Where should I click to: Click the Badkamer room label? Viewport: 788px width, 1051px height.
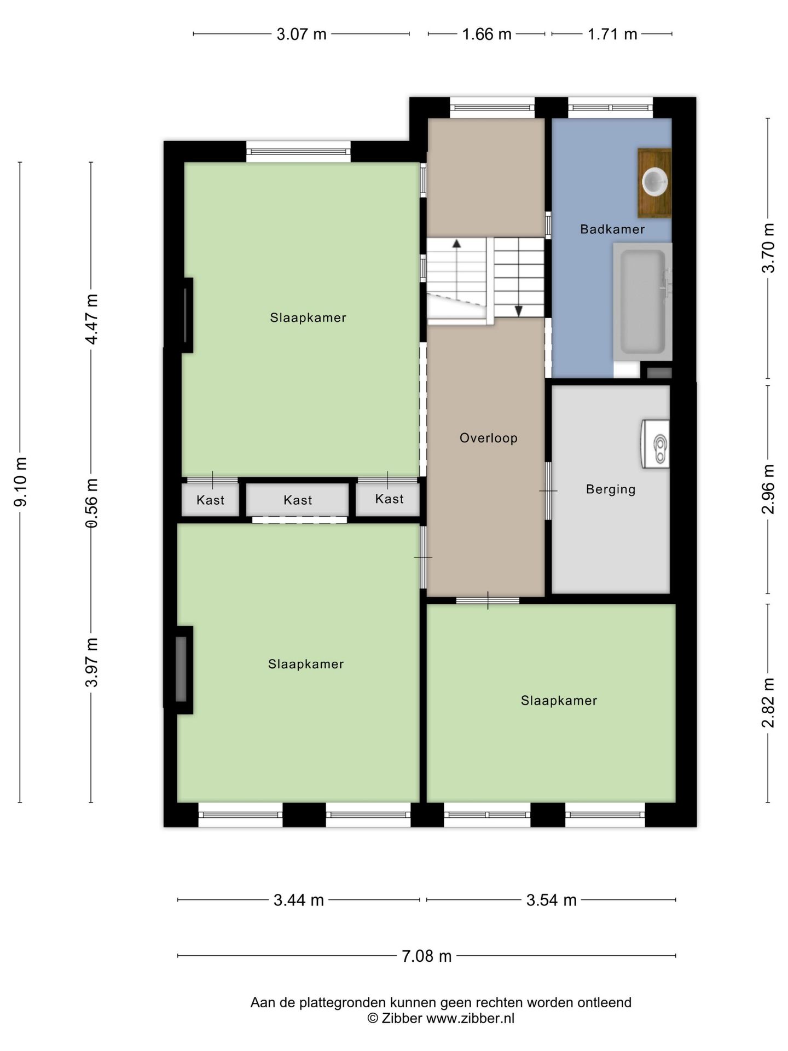[612, 229]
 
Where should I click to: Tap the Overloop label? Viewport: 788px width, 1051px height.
[488, 438]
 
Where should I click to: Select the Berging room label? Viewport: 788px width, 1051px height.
[611, 489]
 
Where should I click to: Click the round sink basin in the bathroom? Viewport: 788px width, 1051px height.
[655, 182]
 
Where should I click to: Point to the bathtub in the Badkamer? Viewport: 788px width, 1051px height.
[642, 302]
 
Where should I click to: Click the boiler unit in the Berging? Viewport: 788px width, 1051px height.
[656, 444]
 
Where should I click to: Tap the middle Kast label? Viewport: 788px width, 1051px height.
[298, 500]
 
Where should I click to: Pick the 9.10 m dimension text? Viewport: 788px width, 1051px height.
[21, 482]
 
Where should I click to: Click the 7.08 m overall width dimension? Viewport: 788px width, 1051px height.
[427, 956]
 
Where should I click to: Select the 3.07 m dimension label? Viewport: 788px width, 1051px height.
[302, 34]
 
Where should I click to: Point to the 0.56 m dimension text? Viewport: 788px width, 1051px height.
[91, 503]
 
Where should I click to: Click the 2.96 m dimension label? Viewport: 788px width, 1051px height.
[768, 489]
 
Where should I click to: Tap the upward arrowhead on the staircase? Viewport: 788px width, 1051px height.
[456, 244]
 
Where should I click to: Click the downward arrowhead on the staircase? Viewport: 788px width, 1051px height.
[519, 311]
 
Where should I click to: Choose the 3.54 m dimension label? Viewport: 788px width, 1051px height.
[552, 900]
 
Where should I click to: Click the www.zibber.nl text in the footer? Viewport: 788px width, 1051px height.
[470, 1018]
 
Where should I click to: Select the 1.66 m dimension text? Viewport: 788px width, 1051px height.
[486, 34]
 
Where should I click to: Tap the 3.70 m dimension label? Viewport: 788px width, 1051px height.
[768, 248]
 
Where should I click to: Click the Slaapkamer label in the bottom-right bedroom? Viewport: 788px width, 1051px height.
[559, 701]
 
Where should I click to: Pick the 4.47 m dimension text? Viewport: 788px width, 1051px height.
[91, 319]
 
